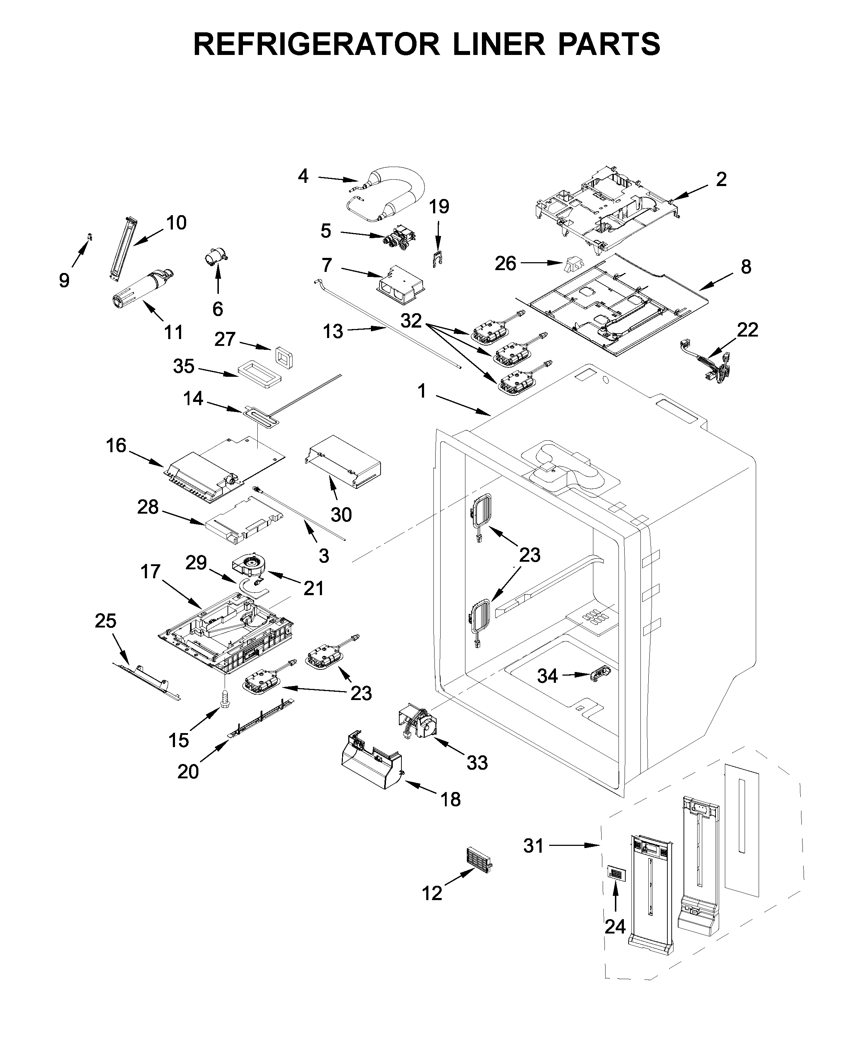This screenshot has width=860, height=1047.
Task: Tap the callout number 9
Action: point(64,281)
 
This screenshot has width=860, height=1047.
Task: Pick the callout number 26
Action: point(505,264)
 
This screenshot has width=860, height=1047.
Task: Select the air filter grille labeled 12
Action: point(479,860)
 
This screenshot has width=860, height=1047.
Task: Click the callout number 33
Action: point(477,763)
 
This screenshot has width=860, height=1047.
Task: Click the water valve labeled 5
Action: point(399,238)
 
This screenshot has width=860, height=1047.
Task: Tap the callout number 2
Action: point(721,179)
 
